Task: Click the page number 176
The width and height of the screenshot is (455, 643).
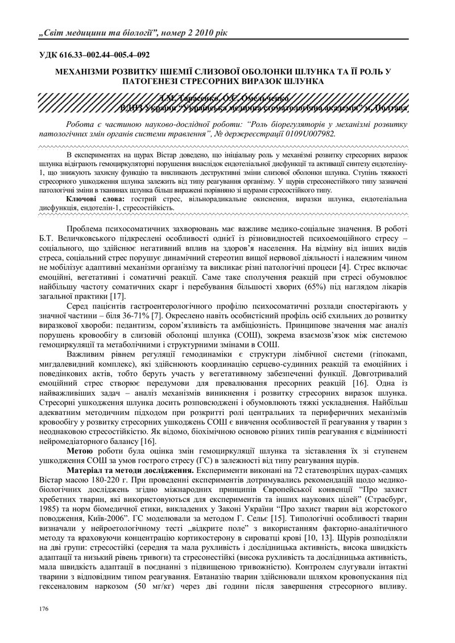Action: click(x=44, y=609)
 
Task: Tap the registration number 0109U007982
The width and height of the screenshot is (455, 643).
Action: click(x=307, y=132)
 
